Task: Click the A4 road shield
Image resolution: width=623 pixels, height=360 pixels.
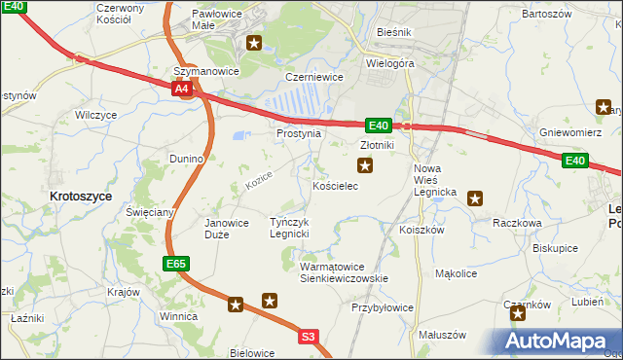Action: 182,90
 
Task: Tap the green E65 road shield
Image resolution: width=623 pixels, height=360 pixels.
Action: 175,264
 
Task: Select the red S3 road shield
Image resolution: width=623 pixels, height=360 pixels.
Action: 309,337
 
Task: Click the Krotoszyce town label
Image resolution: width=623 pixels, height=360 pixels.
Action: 80,196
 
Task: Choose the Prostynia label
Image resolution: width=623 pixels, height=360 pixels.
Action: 299,133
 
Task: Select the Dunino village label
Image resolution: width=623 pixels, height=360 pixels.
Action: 185,158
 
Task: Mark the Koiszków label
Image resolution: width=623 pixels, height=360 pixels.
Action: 421,231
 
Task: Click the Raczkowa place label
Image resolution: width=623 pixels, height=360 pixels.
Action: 517,223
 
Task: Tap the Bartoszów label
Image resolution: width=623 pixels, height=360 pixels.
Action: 545,15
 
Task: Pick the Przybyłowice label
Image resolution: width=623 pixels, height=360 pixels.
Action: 383,307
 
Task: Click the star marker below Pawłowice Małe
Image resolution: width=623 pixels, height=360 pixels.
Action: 255,43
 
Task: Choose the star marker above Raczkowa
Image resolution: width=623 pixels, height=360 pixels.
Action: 475,198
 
